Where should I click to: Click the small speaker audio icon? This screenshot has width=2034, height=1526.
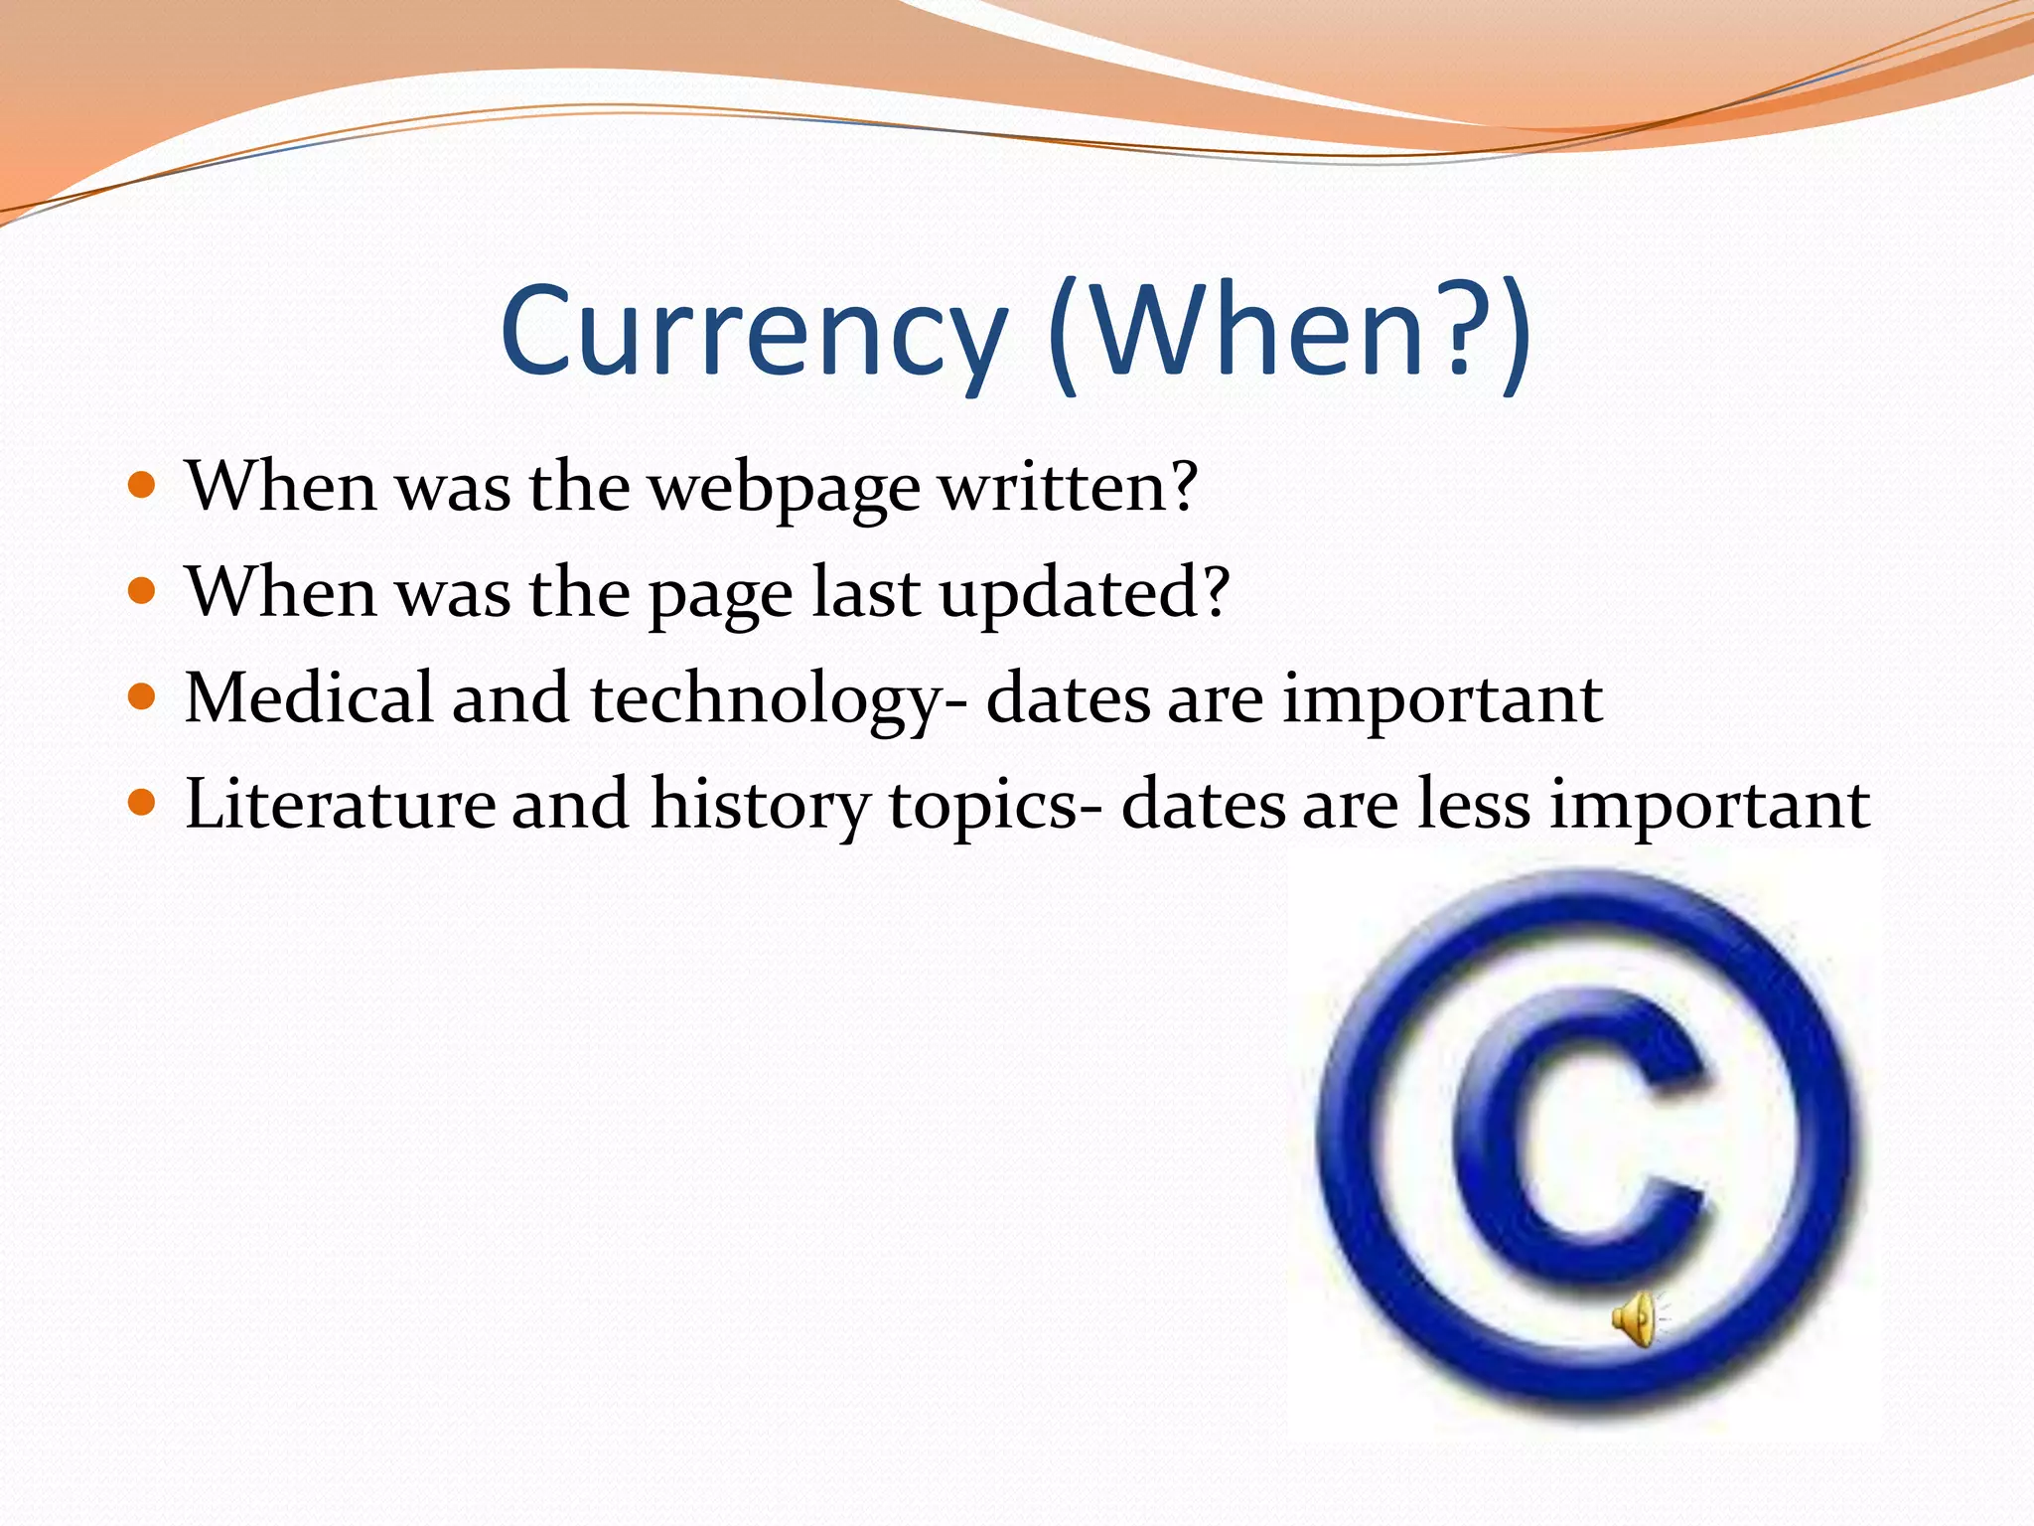[x=1636, y=1318]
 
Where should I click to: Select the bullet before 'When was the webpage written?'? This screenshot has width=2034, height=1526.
[x=143, y=486]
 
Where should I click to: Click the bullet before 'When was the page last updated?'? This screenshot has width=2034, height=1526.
[x=143, y=591]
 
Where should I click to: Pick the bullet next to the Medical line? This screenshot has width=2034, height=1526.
[x=143, y=696]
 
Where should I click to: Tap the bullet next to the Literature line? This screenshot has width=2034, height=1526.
[x=143, y=802]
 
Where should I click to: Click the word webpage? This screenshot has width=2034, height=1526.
[x=784, y=490]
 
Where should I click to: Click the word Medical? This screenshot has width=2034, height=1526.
[x=309, y=697]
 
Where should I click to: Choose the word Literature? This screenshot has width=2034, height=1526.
[x=340, y=803]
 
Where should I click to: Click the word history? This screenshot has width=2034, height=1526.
[x=760, y=805]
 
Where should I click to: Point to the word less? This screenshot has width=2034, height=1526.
[x=1474, y=803]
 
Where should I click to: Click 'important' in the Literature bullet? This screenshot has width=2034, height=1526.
[x=1710, y=805]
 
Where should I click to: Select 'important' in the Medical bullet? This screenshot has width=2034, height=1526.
[x=1442, y=699]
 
